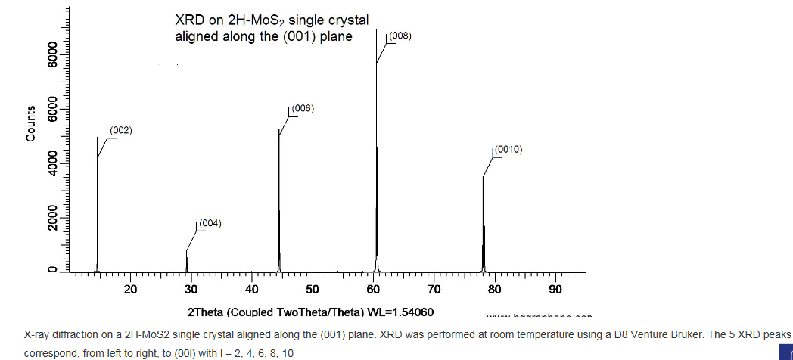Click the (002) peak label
tap(121, 131)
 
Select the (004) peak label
tap(209, 223)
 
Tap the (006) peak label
tap(302, 109)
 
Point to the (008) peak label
tap(400, 36)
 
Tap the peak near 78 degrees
tap(484, 227)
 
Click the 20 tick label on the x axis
tap(130, 290)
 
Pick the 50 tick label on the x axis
tap(313, 290)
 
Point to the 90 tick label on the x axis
tap(555, 290)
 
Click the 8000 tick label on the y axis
tap(52, 55)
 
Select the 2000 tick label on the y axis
tap(52, 218)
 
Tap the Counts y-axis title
tap(31, 123)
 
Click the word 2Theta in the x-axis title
tap(206, 312)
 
